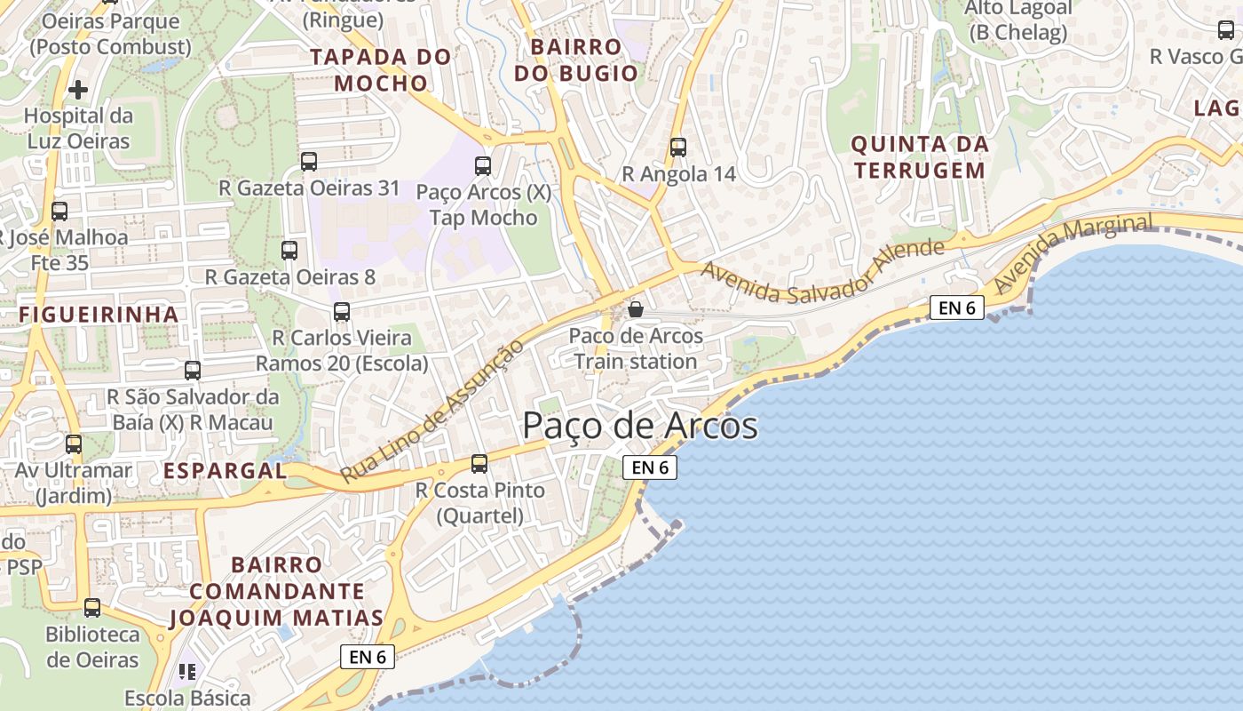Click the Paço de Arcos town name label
639,426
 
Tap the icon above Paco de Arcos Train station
636,309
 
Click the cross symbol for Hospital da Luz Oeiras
78,89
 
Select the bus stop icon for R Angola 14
678,148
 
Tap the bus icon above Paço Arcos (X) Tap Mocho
483,166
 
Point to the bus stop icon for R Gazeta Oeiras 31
309,162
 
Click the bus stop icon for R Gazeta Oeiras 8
289,251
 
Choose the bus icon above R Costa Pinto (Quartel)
479,463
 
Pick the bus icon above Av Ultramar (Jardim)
74,444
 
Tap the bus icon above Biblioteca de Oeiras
92,608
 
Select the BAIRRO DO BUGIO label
575,60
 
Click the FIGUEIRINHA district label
99,315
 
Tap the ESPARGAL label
225,471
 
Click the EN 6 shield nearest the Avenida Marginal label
957,308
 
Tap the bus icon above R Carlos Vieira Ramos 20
342,312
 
